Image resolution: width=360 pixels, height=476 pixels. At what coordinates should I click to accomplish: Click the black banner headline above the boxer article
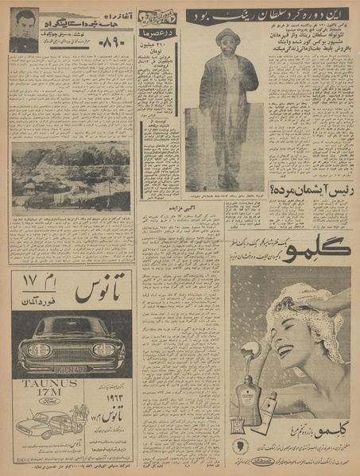click(267, 14)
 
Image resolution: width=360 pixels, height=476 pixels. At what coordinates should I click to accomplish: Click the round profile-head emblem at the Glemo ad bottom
click(242, 446)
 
